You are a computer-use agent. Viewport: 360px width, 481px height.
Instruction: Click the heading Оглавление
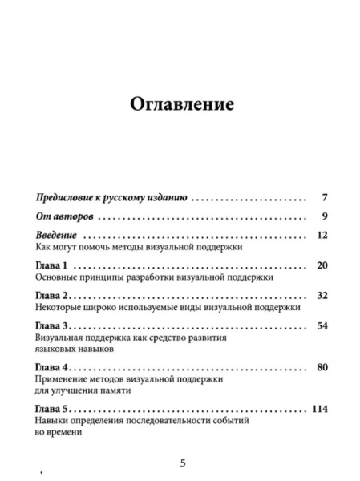(x=179, y=104)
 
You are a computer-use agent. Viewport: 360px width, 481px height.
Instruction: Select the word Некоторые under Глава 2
(x=62, y=307)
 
